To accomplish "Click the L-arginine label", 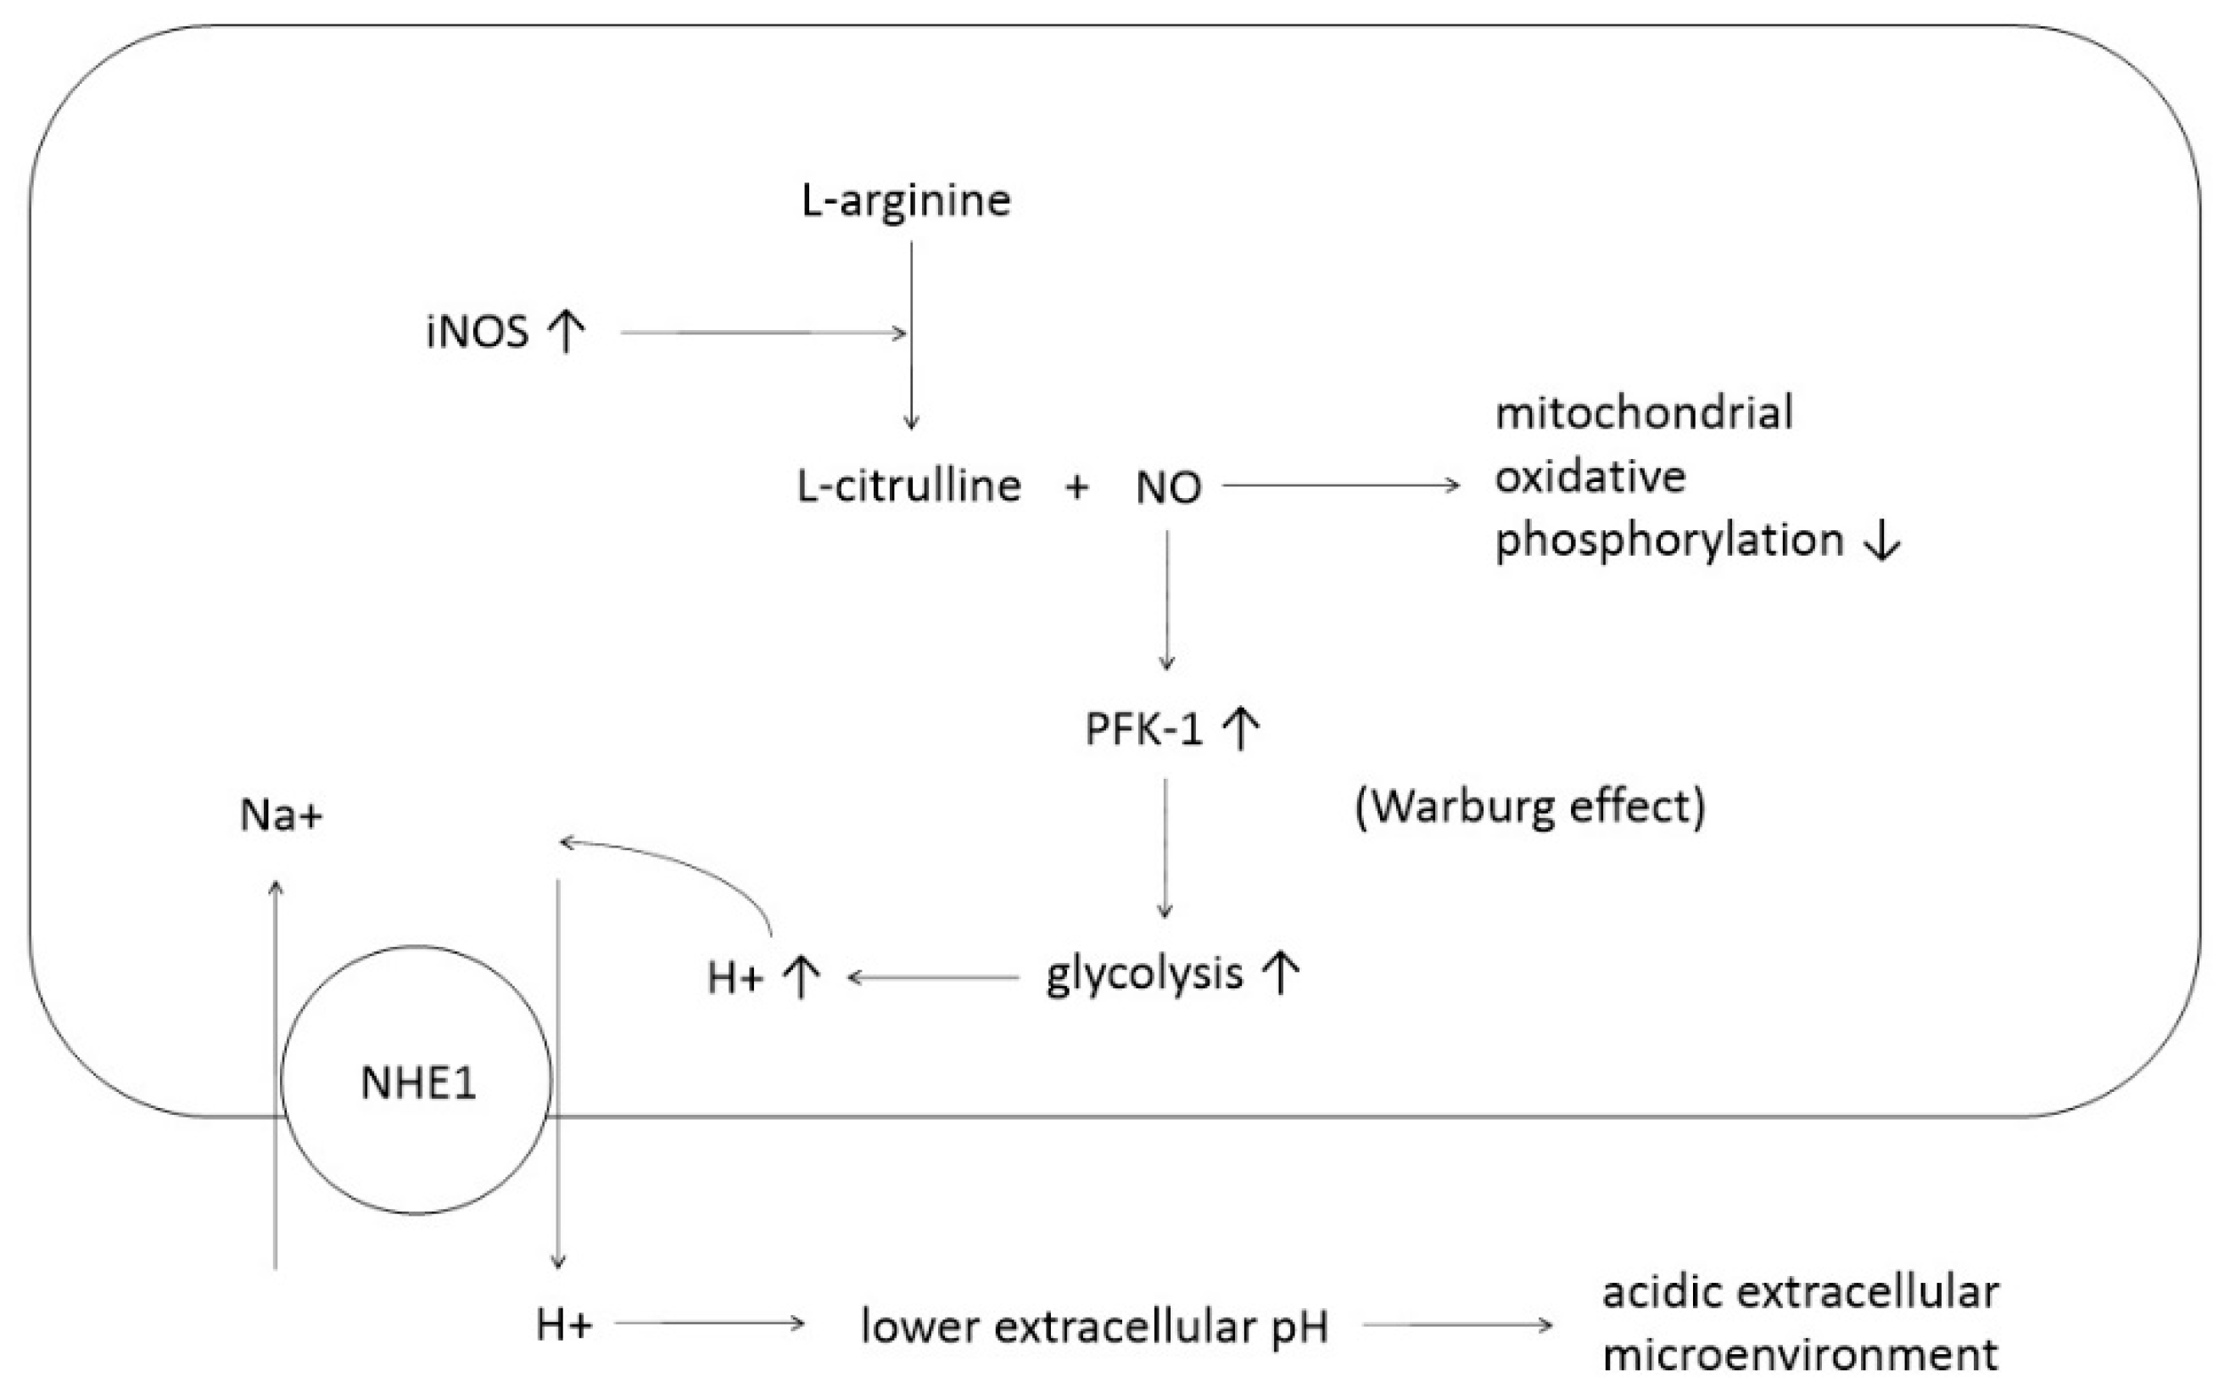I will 906,201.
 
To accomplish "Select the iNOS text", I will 477,332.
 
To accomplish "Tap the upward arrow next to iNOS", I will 566,331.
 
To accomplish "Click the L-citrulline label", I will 908,485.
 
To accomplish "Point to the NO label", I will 1168,488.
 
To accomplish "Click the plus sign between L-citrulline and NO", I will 1076,486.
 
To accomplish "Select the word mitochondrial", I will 1644,412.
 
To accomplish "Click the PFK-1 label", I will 1143,730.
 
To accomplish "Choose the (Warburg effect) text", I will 1529,807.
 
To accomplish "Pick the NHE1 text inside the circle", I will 418,1083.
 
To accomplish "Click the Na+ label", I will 281,815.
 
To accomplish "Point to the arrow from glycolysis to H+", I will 932,977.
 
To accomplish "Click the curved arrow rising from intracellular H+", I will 679,867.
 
